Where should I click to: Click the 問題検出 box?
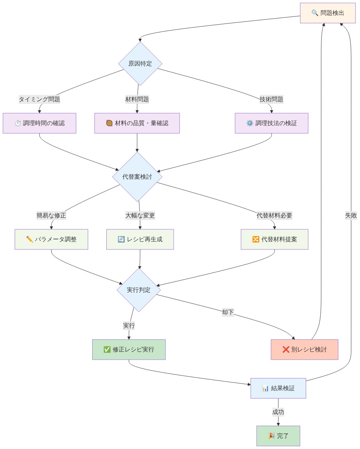[327, 13]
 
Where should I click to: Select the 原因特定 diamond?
[140, 64]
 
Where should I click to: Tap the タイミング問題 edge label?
[39, 99]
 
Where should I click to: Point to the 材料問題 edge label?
[137, 99]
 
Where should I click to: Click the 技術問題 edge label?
[271, 99]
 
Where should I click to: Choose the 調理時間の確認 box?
[39, 123]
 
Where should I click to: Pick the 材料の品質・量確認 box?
[137, 123]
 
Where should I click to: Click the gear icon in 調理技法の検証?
[250, 123]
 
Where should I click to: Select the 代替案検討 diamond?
[137, 177]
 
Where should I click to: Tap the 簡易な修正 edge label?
[51, 216]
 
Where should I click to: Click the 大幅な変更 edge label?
[140, 216]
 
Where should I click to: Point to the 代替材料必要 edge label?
[274, 216]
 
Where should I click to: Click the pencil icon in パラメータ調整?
[30, 239]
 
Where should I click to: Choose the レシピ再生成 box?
[140, 239]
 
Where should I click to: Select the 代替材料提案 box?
[274, 239]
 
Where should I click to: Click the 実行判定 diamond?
[139, 290]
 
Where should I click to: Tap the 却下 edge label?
[228, 312]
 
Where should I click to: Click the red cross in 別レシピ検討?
[286, 350]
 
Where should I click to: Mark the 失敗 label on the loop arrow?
[351, 216]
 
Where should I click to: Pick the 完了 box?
[278, 436]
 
